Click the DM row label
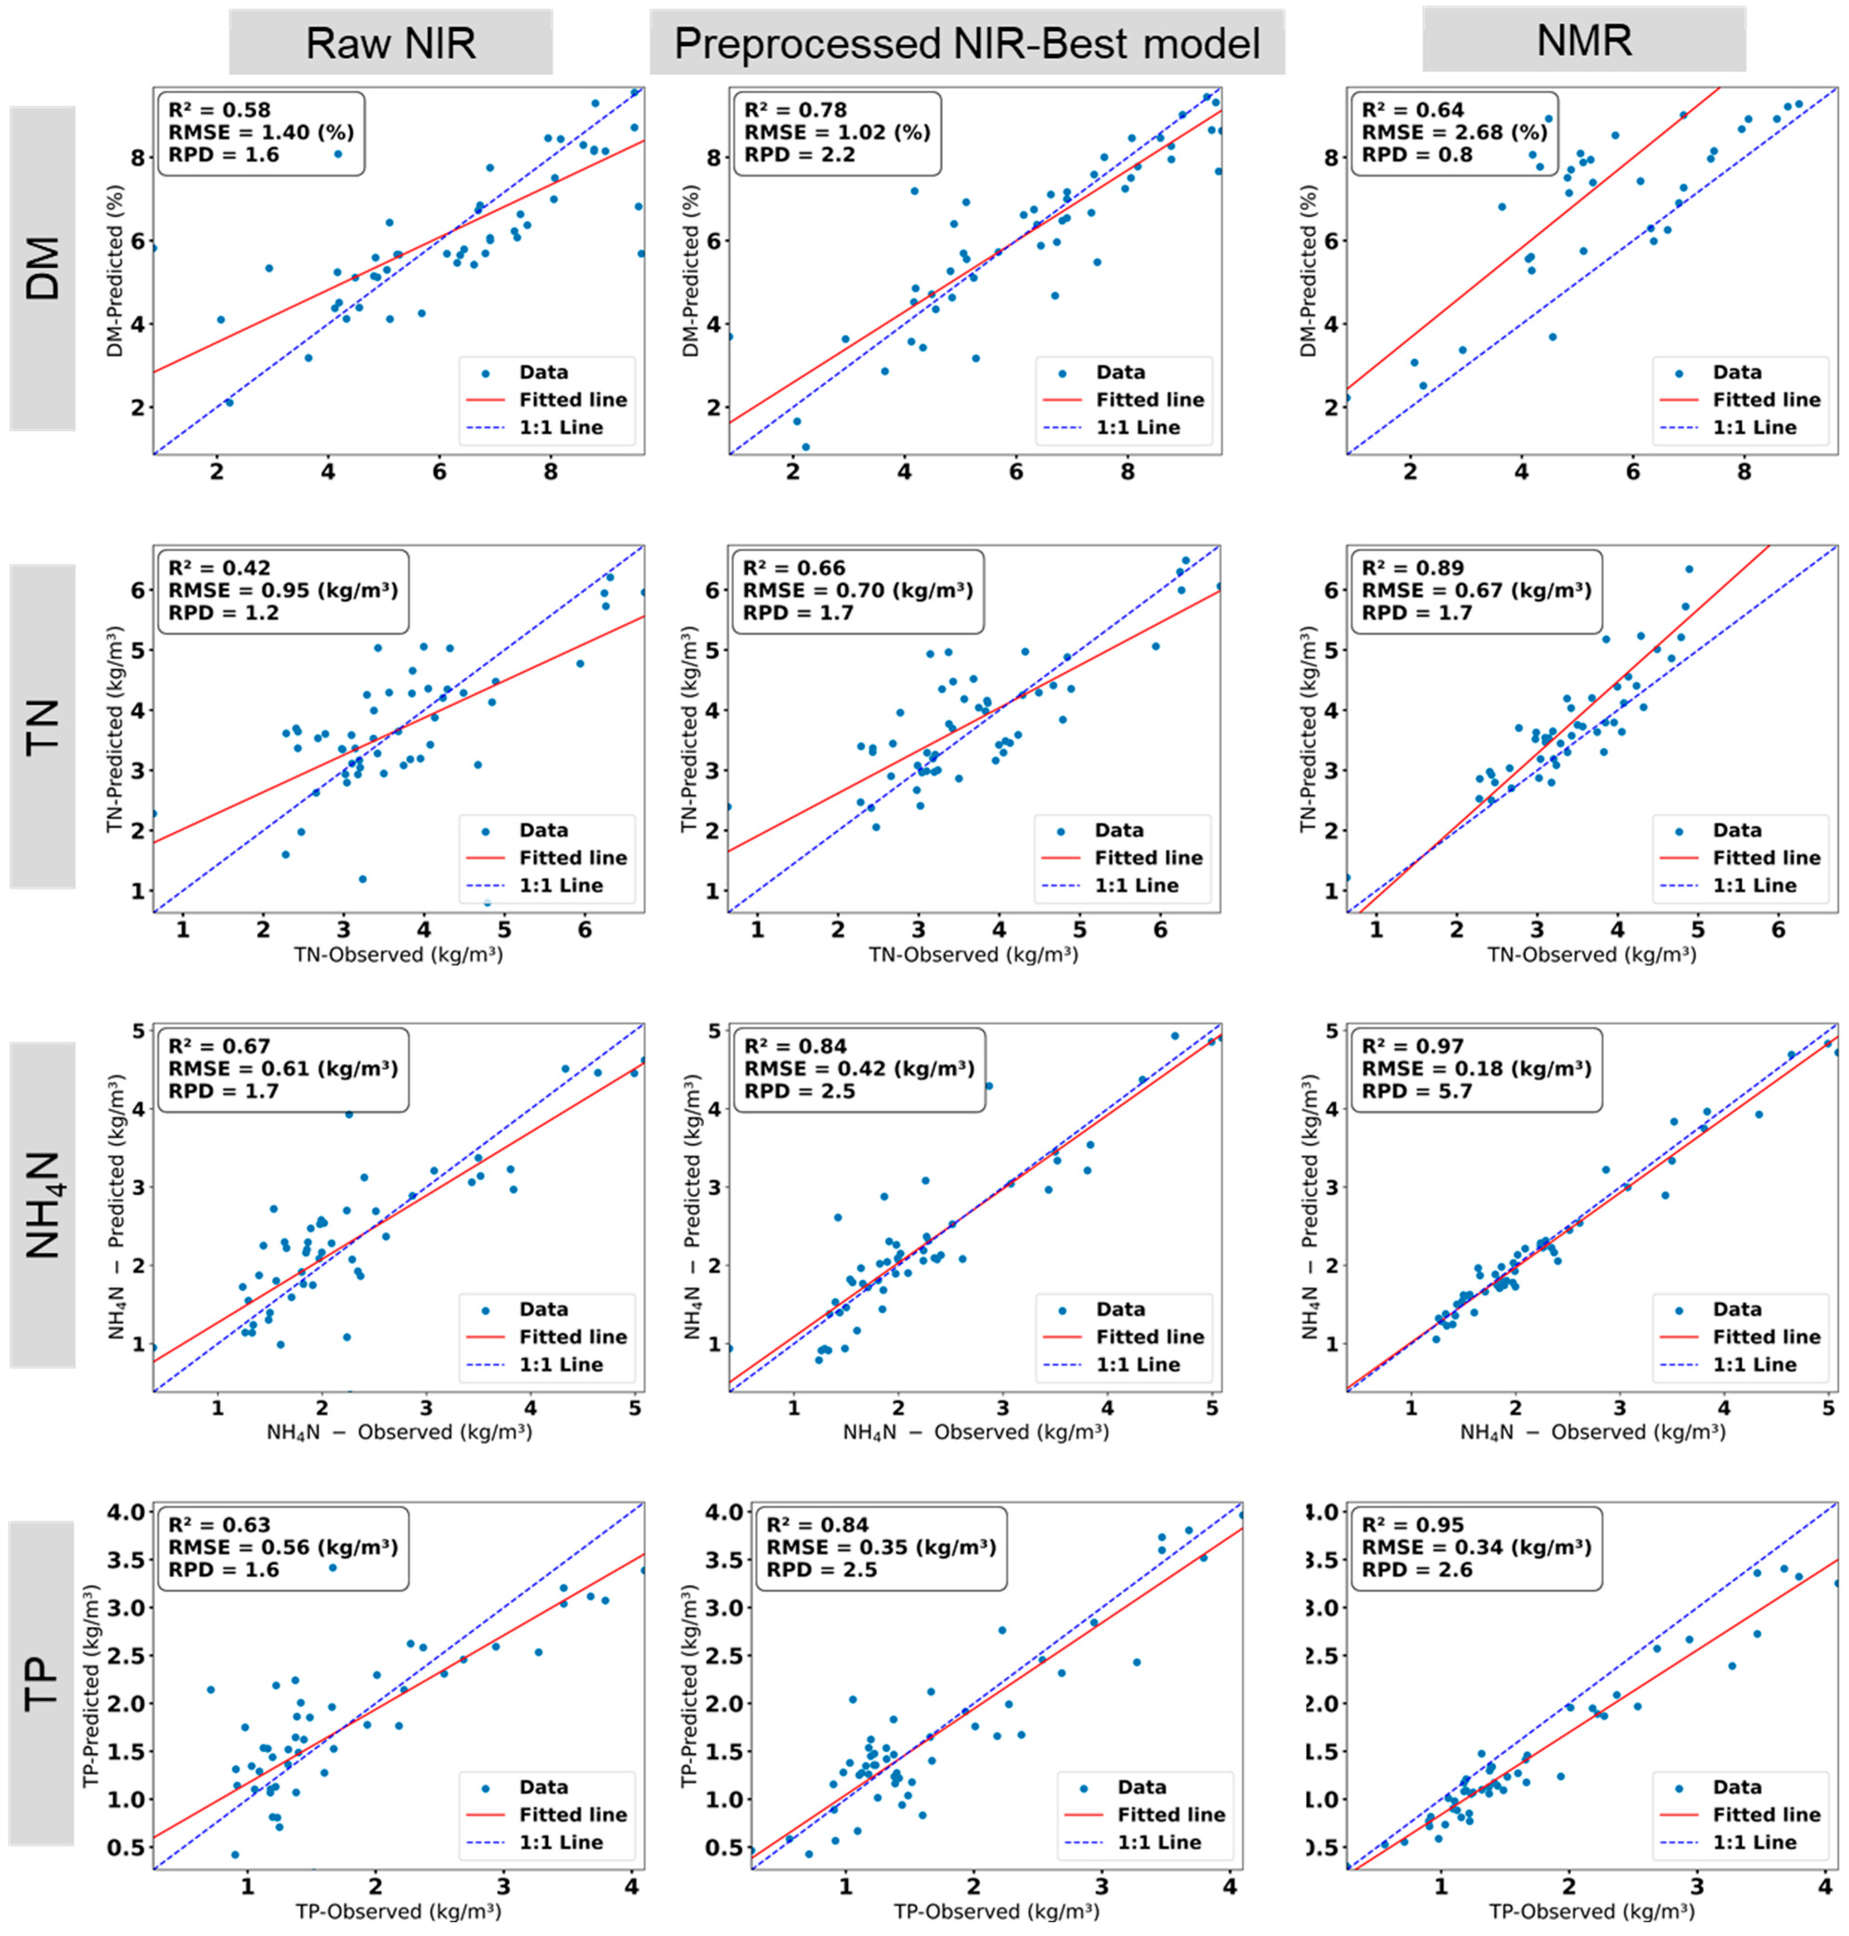pyautogui.click(x=42, y=268)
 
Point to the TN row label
pyautogui.click(x=42, y=726)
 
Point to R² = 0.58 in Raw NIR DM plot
pyautogui.click(x=219, y=110)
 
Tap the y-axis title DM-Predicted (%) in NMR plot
pyautogui.click(x=1309, y=271)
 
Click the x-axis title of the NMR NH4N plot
pyautogui.click(x=1592, y=1431)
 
